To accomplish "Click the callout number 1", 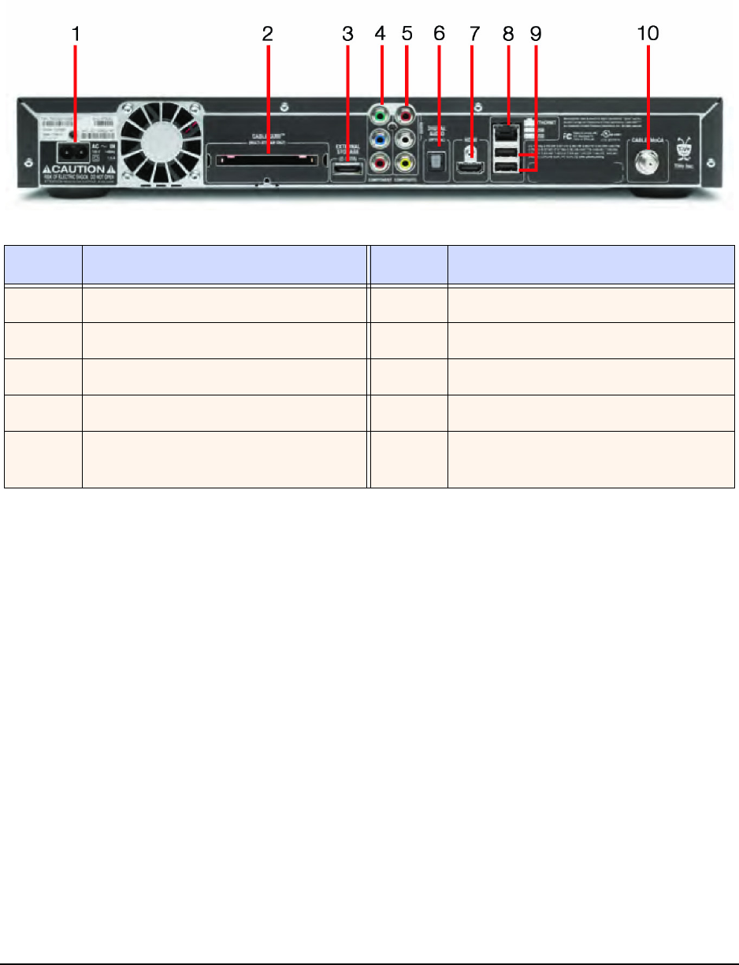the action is [x=76, y=35].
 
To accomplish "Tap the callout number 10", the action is [x=648, y=35].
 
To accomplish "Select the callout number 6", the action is [x=440, y=35].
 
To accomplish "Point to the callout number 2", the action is [x=267, y=35].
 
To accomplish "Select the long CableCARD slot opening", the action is [x=267, y=160].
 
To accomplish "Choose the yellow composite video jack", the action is [x=407, y=165].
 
